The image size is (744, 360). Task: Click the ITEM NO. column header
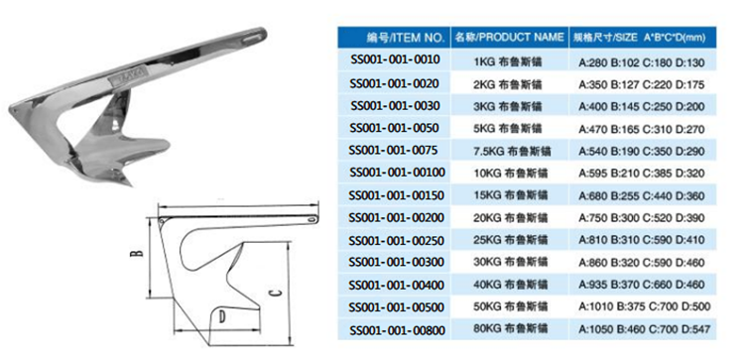[x=405, y=37]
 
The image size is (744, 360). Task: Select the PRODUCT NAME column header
[x=509, y=37]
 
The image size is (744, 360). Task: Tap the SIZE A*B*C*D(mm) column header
[x=639, y=38]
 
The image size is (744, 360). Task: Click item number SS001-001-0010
[x=394, y=60]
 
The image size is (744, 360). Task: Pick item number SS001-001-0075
[x=393, y=151]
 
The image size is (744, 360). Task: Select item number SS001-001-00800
[x=397, y=330]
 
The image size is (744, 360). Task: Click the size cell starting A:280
[x=642, y=62]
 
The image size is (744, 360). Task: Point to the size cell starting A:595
[x=642, y=174]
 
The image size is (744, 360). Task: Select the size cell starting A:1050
[x=645, y=329]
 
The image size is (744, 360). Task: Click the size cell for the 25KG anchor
[x=642, y=240]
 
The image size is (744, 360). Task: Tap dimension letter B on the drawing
[x=136, y=253]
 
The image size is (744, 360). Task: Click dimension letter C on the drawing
[x=275, y=293]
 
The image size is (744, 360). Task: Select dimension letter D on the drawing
[x=222, y=316]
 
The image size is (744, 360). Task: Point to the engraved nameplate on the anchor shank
[x=129, y=78]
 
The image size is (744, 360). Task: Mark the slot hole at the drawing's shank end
[x=311, y=219]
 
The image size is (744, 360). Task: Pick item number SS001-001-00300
[x=397, y=262]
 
